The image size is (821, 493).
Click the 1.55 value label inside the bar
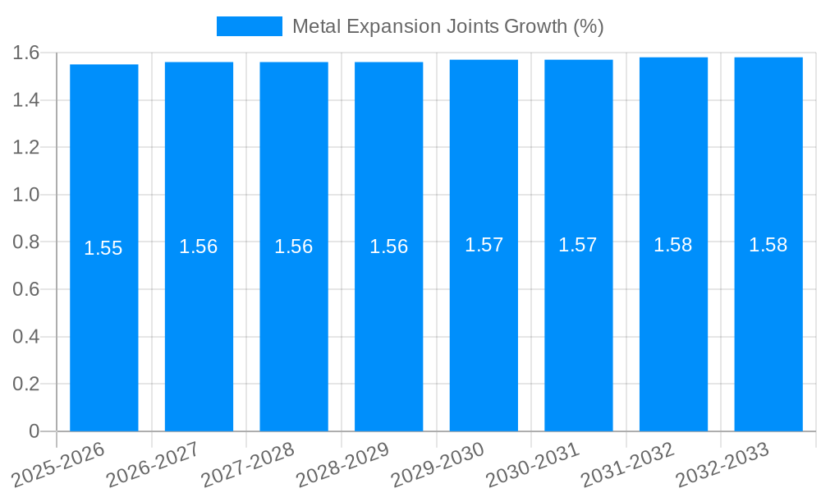(103, 248)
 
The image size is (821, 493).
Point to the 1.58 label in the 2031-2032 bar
(673, 245)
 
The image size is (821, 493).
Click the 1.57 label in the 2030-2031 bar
(578, 245)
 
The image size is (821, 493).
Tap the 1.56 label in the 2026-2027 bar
(199, 246)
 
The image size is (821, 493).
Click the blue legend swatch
(249, 26)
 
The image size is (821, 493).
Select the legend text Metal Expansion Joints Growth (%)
(447, 26)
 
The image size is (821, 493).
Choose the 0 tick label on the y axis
(34, 431)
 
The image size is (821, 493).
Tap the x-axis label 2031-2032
(627, 464)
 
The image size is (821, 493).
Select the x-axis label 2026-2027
(153, 464)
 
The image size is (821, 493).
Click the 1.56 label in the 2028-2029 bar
(389, 246)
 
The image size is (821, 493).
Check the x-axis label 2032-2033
(722, 464)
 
